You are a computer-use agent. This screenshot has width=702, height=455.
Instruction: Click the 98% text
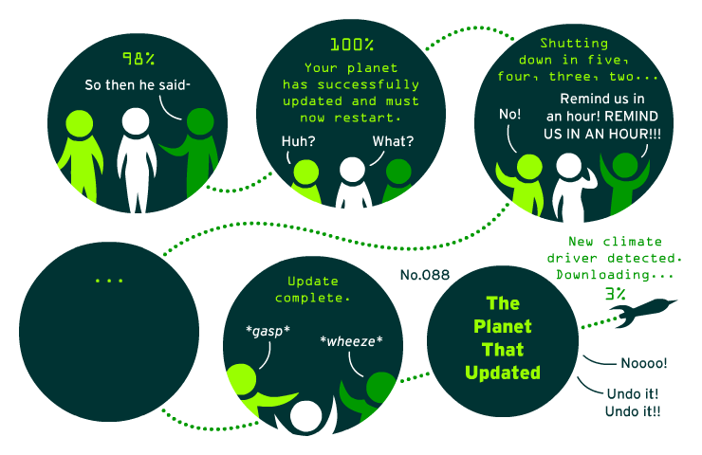[139, 58]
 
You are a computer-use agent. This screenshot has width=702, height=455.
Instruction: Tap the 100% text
[352, 45]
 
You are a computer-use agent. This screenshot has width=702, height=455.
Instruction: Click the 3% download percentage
[615, 294]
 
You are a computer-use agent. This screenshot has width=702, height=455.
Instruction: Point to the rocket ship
[643, 311]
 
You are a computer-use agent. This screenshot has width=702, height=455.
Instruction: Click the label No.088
[425, 275]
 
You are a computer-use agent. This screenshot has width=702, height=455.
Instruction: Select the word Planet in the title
[503, 327]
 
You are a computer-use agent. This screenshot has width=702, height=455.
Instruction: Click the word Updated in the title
[503, 373]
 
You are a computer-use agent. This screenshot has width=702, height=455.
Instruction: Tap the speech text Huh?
[298, 141]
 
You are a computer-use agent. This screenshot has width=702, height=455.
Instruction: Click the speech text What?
[393, 141]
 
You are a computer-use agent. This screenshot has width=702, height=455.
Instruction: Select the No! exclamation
[510, 114]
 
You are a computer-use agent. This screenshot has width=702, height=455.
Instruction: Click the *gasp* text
[268, 331]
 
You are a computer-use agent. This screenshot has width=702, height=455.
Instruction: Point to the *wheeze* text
[351, 341]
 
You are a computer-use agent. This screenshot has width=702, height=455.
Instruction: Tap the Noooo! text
[644, 363]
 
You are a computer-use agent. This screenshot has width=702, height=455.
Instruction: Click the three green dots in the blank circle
[109, 281]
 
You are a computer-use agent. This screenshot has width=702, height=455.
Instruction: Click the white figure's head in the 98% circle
[136, 120]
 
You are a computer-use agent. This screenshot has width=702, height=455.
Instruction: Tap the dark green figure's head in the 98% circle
[200, 120]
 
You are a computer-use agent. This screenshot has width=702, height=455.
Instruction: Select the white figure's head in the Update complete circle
[305, 415]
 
